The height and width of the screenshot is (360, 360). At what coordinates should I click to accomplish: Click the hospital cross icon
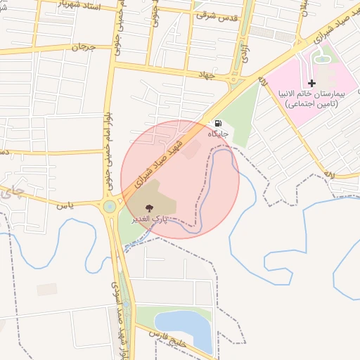coord(312,83)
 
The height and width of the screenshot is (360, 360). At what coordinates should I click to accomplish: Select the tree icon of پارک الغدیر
coord(148,207)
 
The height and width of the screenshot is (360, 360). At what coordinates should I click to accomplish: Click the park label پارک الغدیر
coord(148,219)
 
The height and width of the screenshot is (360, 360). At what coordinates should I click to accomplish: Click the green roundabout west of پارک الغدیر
coord(110,207)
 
